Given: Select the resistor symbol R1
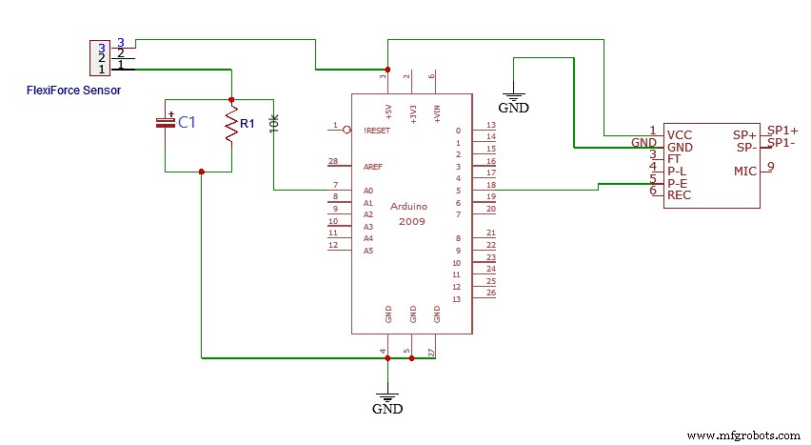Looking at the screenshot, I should (231, 125).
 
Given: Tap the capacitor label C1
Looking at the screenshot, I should (187, 123).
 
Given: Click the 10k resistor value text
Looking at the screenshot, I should (274, 123).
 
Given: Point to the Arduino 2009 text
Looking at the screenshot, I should (406, 213).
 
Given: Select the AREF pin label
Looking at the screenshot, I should (373, 166).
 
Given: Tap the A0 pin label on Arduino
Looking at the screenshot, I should (367, 191).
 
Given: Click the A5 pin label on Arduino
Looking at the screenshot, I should (367, 251).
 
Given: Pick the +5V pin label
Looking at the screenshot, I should (388, 112).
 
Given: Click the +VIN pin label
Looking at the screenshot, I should (437, 112).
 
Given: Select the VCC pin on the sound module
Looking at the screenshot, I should (680, 135).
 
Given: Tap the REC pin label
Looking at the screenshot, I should (680, 195).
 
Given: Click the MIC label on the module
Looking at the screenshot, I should (745, 172).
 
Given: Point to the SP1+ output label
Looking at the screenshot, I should (782, 131).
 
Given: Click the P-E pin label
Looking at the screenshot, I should (679, 183).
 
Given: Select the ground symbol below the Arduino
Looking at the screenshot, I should (386, 400).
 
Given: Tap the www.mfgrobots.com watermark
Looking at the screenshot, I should (743, 435).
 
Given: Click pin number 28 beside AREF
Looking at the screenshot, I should (333, 161).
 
